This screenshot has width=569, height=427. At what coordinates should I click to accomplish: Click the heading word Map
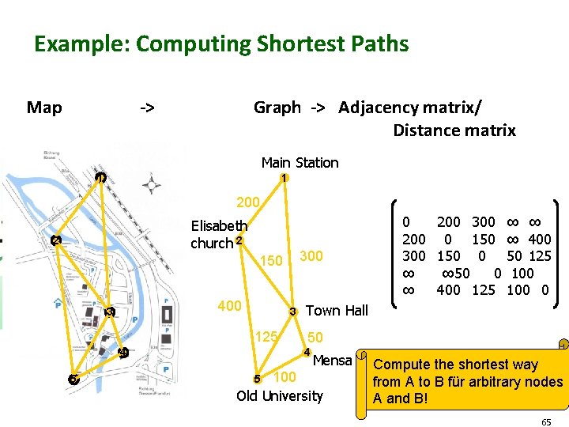tap(44, 108)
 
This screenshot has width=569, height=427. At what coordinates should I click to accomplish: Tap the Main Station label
tap(300, 163)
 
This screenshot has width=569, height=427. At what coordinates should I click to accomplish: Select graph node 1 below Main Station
tap(284, 178)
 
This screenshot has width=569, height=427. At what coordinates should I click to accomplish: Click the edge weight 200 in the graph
tap(247, 203)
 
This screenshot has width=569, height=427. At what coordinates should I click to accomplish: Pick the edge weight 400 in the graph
tap(229, 305)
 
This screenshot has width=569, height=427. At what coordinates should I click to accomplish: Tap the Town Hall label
tap(336, 311)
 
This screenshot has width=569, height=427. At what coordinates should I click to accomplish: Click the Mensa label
tap(332, 361)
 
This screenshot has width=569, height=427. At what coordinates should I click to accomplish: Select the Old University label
tap(280, 395)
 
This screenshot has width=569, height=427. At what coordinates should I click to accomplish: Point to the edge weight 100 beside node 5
tap(284, 376)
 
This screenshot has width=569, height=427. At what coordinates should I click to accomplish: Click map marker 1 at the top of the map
tap(100, 178)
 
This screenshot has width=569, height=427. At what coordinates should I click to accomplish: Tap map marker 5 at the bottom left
tap(73, 380)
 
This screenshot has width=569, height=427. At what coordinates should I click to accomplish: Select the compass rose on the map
tap(151, 186)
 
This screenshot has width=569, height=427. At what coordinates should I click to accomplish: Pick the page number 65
tap(546, 423)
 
